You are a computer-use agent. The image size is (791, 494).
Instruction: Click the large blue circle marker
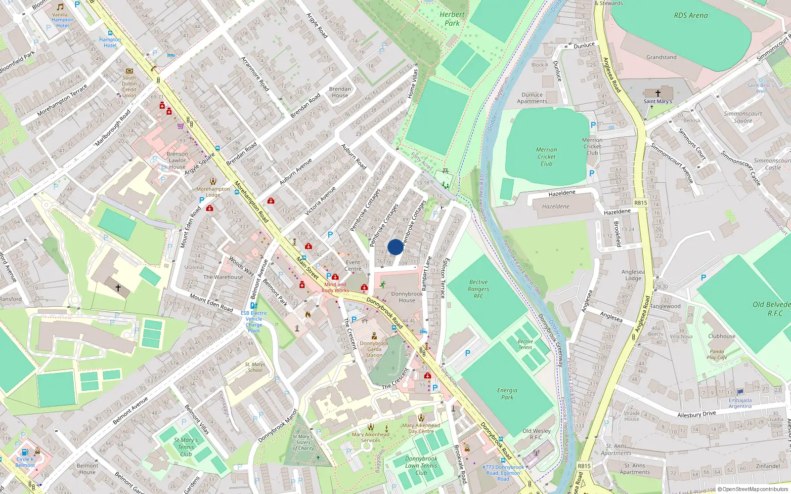tap(395, 247)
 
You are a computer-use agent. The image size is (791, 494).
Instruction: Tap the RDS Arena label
tap(691, 15)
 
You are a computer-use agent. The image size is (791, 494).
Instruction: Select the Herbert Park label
tap(452, 19)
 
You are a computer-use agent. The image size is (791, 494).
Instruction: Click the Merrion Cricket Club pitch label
tap(546, 157)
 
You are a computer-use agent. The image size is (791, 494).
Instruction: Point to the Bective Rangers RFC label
tap(478, 289)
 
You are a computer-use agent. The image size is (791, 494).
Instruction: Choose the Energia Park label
tap(507, 394)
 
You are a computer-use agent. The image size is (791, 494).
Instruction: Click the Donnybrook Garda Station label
tap(374, 349)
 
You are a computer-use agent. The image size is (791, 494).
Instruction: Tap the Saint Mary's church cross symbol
tap(658, 93)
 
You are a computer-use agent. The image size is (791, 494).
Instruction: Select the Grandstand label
tap(661, 57)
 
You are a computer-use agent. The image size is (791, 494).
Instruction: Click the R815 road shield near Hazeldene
tap(641, 203)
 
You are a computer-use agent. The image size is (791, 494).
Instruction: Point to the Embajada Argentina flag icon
tap(740, 392)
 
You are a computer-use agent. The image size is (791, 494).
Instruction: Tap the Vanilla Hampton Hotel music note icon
tap(60, 7)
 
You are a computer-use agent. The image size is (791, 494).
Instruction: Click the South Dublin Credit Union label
tap(129, 86)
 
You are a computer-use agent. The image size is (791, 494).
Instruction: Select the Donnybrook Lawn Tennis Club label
tap(421, 465)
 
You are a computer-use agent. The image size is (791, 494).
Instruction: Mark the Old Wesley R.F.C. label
tap(536, 434)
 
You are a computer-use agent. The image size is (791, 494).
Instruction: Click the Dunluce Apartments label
tap(532, 98)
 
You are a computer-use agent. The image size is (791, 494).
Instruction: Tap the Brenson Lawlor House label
tap(177, 161)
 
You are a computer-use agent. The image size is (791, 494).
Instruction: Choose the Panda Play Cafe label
tap(717, 355)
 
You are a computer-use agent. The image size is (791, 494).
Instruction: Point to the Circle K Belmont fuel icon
tap(25, 452)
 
